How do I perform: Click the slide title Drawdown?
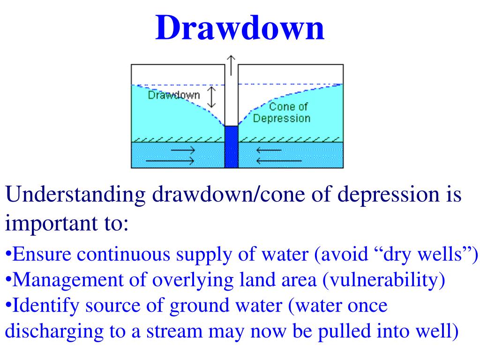click(240, 27)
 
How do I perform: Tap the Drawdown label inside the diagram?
click(173, 95)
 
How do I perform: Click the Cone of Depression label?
click(282, 112)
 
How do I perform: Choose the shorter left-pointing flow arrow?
click(269, 150)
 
